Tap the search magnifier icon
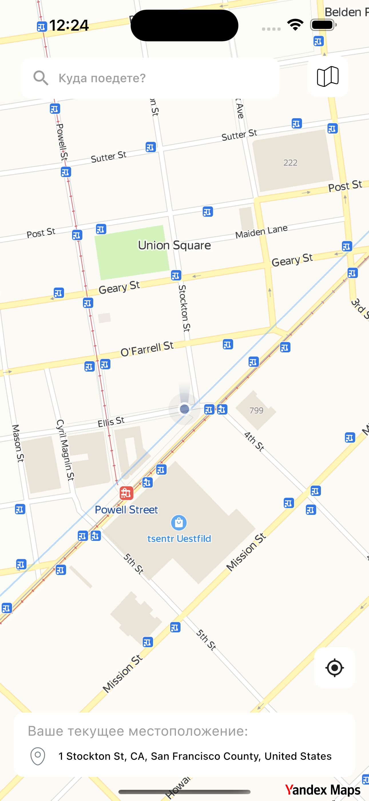41,78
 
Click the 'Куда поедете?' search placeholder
102,78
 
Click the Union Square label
174,245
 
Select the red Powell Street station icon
126,493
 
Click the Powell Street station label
126,510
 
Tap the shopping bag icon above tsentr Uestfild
179,523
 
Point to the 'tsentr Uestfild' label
179,539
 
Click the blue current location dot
184,409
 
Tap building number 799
256,411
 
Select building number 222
290,163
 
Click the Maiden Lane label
261,232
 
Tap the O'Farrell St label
147,349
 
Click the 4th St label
254,441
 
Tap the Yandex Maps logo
323,790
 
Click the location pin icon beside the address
38,756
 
